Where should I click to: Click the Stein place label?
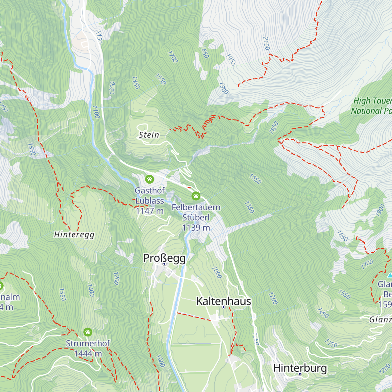(x=149, y=135)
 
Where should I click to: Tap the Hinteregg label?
(x=74, y=235)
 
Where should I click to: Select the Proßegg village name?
(x=164, y=258)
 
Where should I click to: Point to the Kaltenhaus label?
(x=223, y=301)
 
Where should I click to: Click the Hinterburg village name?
(x=300, y=368)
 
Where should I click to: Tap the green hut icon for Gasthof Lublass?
(x=150, y=179)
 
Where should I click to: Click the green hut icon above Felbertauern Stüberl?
(x=196, y=196)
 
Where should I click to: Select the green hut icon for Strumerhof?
(x=88, y=332)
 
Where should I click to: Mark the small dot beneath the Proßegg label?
(x=164, y=264)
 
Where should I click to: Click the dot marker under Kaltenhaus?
(x=223, y=307)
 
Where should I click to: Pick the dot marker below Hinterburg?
(x=300, y=374)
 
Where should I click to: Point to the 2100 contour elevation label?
(x=266, y=43)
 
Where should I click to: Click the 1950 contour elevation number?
(x=230, y=60)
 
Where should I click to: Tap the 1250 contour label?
(x=112, y=88)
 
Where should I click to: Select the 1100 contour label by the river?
(x=96, y=112)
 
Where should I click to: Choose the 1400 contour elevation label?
(x=91, y=290)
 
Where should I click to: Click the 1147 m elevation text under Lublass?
(x=150, y=211)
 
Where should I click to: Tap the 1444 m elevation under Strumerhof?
(x=88, y=354)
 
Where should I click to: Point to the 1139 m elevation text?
(x=196, y=228)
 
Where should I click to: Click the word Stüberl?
(x=196, y=218)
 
